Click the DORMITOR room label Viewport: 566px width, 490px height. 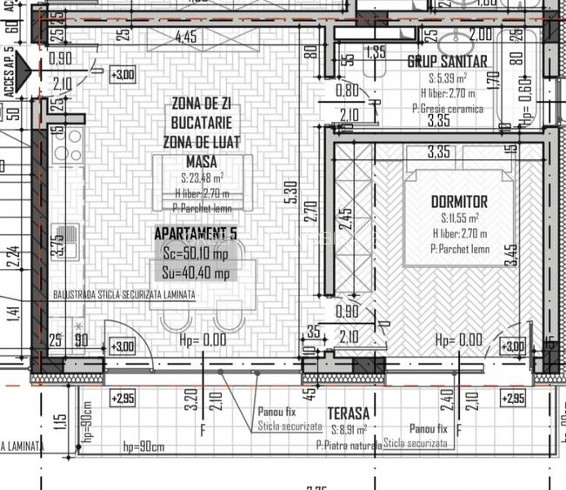459,202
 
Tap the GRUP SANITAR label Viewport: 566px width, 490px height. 448,62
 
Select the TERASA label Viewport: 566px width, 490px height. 348,413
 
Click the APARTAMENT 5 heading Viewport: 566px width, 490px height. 194,234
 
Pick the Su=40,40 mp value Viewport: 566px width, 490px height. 196,273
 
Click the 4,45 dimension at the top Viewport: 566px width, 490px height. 186,37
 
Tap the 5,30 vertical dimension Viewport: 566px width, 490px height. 293,194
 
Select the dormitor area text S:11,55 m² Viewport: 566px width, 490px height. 459,218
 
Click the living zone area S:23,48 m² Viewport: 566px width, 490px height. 201,178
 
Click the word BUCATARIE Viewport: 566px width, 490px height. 201,124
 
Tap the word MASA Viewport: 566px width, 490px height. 201,162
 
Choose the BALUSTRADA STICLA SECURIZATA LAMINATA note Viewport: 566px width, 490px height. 124,294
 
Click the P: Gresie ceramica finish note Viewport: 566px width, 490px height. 447,110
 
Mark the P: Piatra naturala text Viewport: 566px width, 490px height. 350,445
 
